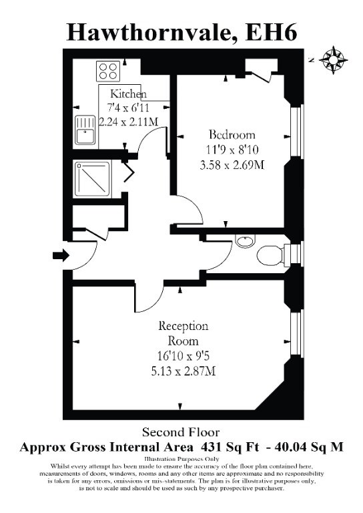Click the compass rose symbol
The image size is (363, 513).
pos(333,60)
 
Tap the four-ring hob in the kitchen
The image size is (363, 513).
pos(108,71)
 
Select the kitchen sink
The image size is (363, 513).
pos(85,130)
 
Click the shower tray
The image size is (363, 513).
pos(92,179)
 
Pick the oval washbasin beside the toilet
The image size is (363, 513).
pos(246,242)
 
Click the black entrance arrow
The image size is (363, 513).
pos(61,255)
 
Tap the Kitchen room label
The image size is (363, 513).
pos(128,94)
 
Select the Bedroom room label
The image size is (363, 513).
pos(232,134)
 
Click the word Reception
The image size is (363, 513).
pos(183,326)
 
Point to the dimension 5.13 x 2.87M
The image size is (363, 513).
pos(183,371)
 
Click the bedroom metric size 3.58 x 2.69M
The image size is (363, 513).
pos(232,165)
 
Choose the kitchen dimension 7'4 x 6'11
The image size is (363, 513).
pos(128,108)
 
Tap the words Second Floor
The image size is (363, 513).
pos(181,432)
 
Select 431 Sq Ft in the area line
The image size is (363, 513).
pos(230,447)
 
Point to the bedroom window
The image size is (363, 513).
pos(297,131)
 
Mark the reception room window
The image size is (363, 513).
pos(297,333)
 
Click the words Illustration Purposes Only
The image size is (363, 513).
pos(181,459)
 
